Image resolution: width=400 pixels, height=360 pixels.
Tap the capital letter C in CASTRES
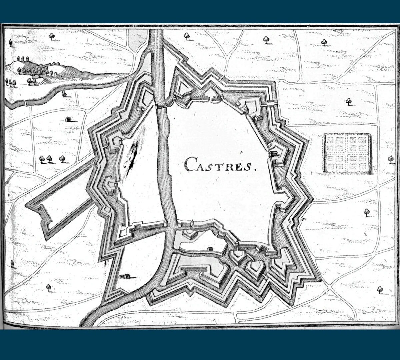point(190,164)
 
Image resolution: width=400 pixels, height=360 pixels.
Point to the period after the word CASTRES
point(256,169)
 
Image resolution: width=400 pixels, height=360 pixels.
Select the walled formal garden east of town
point(347,153)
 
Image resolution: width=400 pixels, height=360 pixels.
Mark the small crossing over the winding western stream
point(26,101)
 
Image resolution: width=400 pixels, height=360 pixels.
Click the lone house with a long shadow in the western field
point(69,119)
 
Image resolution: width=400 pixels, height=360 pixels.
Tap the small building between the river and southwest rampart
point(124,276)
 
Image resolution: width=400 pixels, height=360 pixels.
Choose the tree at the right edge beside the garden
point(391,159)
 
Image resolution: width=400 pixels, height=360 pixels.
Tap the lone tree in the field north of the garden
point(349,101)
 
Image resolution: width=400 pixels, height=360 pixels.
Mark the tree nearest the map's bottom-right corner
point(379,289)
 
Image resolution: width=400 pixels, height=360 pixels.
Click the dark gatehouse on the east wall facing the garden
point(274,154)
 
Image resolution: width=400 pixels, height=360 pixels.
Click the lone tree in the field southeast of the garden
point(367,212)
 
